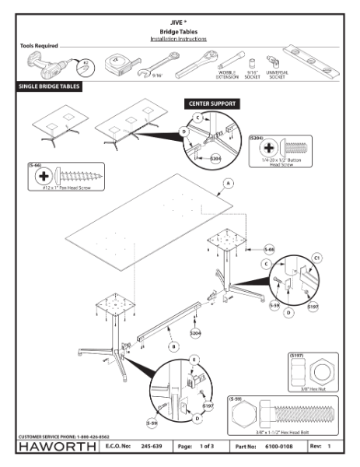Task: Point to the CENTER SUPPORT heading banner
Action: [x=213, y=103]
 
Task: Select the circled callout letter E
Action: [x=194, y=359]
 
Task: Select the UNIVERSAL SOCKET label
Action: [x=277, y=75]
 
